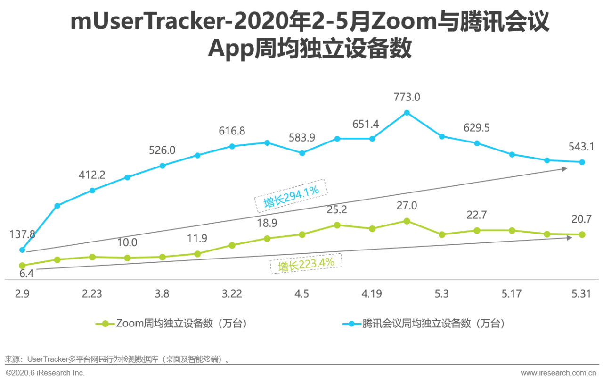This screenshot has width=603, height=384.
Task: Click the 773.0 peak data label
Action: click(x=407, y=98)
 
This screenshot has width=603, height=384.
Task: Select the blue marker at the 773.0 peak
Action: click(x=407, y=113)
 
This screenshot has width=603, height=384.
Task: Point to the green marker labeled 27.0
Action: click(x=407, y=221)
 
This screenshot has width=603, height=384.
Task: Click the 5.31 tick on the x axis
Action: click(x=581, y=294)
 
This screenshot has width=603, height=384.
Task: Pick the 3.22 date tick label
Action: click(x=232, y=294)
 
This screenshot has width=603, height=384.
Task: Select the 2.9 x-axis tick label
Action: click(x=22, y=294)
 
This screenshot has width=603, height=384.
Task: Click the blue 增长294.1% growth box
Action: click(x=291, y=195)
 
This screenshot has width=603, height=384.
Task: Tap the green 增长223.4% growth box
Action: click(x=306, y=264)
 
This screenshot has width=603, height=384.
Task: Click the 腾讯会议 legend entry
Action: click(x=424, y=324)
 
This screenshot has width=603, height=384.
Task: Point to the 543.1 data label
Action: click(x=581, y=147)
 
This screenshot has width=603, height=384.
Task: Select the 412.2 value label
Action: click(x=92, y=175)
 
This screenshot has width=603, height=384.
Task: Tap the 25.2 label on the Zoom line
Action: click(x=336, y=209)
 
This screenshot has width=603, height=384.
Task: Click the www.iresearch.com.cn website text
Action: click(x=558, y=373)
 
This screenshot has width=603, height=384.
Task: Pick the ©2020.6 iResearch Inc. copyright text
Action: click(x=45, y=373)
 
